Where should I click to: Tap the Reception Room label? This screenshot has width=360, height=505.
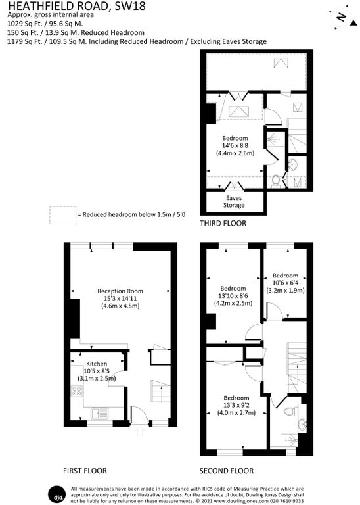120,291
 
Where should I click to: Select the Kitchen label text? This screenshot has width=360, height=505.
97,364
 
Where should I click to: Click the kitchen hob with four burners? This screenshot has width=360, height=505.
77,391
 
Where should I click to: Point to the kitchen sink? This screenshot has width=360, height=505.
99,413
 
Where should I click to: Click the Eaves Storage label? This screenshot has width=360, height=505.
234,202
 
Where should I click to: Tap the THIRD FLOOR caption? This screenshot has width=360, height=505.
223,223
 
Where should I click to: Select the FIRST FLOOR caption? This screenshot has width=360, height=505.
85,471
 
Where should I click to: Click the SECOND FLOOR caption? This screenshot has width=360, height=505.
227,471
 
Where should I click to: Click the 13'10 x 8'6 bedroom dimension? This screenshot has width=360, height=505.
233,296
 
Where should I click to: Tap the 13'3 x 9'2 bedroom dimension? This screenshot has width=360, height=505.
236,405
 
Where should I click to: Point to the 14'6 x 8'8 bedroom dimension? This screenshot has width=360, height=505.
235,145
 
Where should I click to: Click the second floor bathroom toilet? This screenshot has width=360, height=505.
290,411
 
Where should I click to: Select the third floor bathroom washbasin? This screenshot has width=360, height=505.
293,164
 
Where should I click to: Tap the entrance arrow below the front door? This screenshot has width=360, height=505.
139,431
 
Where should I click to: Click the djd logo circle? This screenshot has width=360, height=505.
58,494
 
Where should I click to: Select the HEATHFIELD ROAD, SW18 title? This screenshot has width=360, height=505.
77,5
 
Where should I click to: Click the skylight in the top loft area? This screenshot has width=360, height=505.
281,63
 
